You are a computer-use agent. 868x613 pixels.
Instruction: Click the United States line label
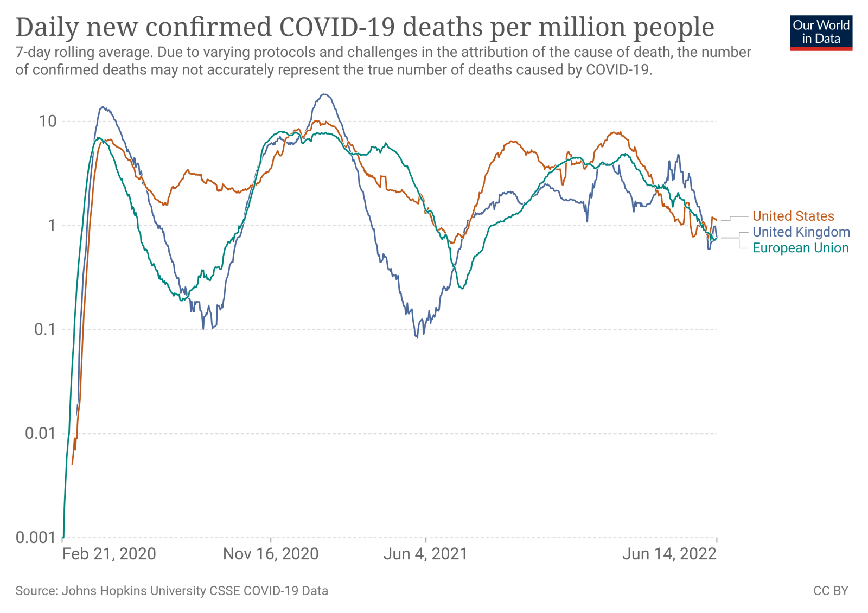pyautogui.click(x=793, y=216)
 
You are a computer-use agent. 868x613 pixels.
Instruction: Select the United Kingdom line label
pyautogui.click(x=801, y=232)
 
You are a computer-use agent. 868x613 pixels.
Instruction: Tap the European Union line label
pyautogui.click(x=800, y=248)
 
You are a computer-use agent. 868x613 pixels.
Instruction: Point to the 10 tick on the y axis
pyautogui.click(x=48, y=121)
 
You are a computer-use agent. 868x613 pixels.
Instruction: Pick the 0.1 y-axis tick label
pyautogui.click(x=45, y=329)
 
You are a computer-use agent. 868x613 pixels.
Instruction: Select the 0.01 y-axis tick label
pyautogui.click(x=41, y=433)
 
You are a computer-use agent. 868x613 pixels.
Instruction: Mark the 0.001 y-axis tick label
pyautogui.click(x=36, y=538)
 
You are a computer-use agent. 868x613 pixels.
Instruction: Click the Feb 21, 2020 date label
pyautogui.click(x=109, y=554)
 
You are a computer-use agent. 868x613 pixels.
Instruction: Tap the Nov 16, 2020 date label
pyautogui.click(x=271, y=554)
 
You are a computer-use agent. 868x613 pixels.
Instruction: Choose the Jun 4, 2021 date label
pyautogui.click(x=425, y=554)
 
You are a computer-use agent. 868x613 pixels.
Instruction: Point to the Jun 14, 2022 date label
pyautogui.click(x=669, y=554)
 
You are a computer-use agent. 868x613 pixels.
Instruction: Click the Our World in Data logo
pyautogui.click(x=821, y=33)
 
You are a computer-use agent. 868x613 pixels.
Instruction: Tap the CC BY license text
pyautogui.click(x=831, y=591)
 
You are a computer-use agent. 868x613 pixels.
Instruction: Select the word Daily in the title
pyautogui.click(x=47, y=27)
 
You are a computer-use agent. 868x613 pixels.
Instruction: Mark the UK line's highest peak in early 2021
pyautogui.click(x=324, y=94)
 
